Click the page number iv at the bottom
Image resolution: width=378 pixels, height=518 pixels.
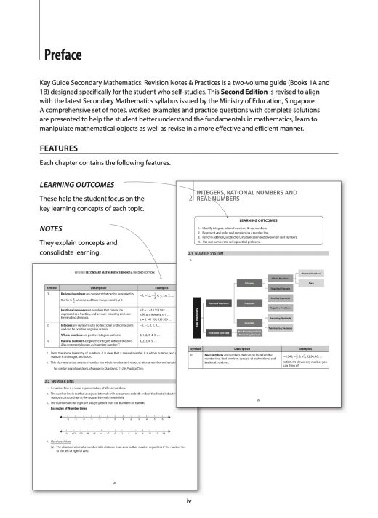click(x=189, y=502)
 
